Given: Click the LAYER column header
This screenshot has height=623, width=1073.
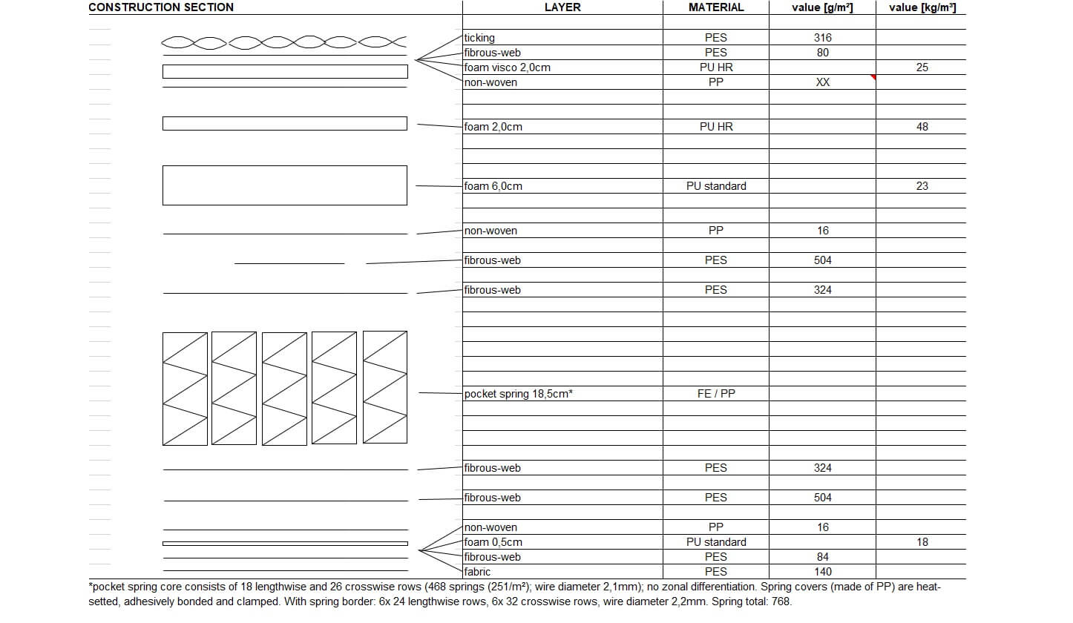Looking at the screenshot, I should [562, 7].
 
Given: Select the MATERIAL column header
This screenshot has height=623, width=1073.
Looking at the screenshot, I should [716, 7].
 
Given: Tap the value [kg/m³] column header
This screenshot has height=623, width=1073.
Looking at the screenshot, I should [922, 7].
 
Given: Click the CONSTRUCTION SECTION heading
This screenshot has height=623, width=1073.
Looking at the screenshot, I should [161, 7].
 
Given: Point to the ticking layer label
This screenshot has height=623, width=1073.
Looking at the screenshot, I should [479, 38].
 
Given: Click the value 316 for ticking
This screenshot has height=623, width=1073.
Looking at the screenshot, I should [822, 38].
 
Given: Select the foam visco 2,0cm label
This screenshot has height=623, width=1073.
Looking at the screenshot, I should [508, 67].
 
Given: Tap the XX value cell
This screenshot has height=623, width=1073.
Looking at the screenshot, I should [822, 82].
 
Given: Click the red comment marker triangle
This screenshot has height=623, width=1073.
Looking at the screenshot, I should [873, 77].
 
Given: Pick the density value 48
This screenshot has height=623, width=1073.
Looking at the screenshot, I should [922, 127].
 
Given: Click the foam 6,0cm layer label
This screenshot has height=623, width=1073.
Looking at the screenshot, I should [493, 186].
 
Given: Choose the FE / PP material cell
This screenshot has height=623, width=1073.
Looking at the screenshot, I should [716, 394].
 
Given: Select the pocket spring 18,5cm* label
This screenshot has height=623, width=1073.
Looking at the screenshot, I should [519, 394].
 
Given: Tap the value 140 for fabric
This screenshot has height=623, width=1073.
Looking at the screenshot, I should [822, 572].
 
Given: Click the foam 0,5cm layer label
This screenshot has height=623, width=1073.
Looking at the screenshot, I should [493, 542].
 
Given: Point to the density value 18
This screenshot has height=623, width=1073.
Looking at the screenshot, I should [922, 542].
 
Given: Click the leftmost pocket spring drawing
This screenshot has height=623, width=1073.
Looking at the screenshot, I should [185, 389].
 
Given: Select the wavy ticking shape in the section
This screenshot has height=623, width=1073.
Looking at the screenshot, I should [284, 42].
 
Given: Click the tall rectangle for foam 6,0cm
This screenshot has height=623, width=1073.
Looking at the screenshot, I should [284, 185].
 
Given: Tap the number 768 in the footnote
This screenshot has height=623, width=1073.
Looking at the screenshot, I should [781, 601].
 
